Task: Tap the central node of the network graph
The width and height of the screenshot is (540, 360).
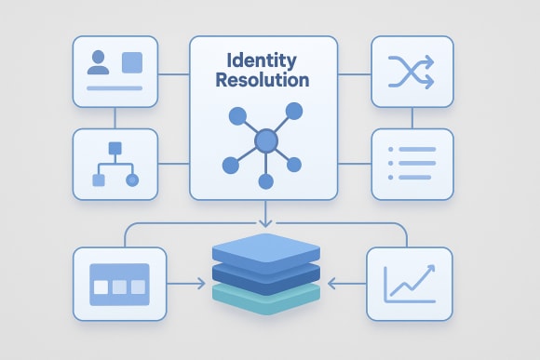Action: coord(266,140)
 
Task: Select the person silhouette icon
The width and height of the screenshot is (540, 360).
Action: coord(98,62)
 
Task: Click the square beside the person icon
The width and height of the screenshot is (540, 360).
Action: coord(133,62)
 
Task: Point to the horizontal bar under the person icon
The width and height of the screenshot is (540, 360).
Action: coord(114,87)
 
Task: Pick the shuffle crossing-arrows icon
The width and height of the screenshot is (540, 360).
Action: coord(412,71)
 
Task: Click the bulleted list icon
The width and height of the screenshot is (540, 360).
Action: coord(412,164)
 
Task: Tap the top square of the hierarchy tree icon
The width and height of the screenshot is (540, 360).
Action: coord(115,148)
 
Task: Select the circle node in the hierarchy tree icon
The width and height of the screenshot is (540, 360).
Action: coord(131,179)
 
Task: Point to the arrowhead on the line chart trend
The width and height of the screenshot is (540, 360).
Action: coord(430,268)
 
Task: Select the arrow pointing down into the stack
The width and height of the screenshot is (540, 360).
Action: coord(266,219)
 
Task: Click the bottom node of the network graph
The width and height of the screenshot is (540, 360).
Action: coord(266,182)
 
